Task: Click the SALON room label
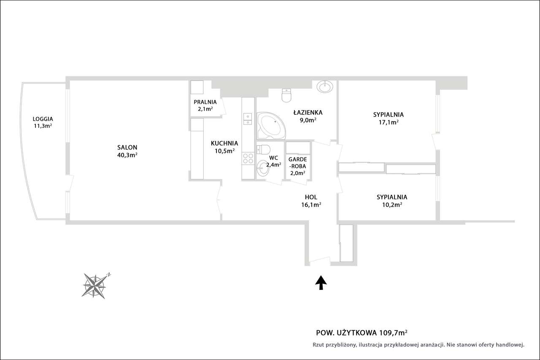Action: pyautogui.click(x=127, y=147)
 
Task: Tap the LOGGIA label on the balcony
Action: pyautogui.click(x=43, y=119)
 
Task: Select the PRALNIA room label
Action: pyautogui.click(x=205, y=102)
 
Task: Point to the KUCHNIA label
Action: pyautogui.click(x=224, y=143)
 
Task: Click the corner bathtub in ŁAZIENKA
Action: pyautogui.click(x=271, y=126)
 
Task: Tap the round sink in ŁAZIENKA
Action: pyautogui.click(x=325, y=87)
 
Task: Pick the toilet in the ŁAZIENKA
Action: pyautogui.click(x=286, y=95)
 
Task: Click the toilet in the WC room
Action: pyautogui.click(x=263, y=149)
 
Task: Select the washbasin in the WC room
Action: pyautogui.click(x=262, y=168)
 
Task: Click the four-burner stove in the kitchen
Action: pyautogui.click(x=248, y=158)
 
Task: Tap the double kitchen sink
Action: pyautogui.click(x=248, y=119)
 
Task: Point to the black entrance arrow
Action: pyautogui.click(x=321, y=282)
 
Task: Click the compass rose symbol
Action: pyautogui.click(x=95, y=286)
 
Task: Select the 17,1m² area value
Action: pyautogui.click(x=389, y=122)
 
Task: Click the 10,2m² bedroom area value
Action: pyautogui.click(x=392, y=205)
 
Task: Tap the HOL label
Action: pyautogui.click(x=311, y=197)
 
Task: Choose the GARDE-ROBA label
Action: pyautogui.click(x=298, y=163)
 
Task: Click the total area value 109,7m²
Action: pyautogui.click(x=394, y=333)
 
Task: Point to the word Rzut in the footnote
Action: pyautogui.click(x=318, y=345)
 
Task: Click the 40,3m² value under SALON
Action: pyautogui.click(x=127, y=155)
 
